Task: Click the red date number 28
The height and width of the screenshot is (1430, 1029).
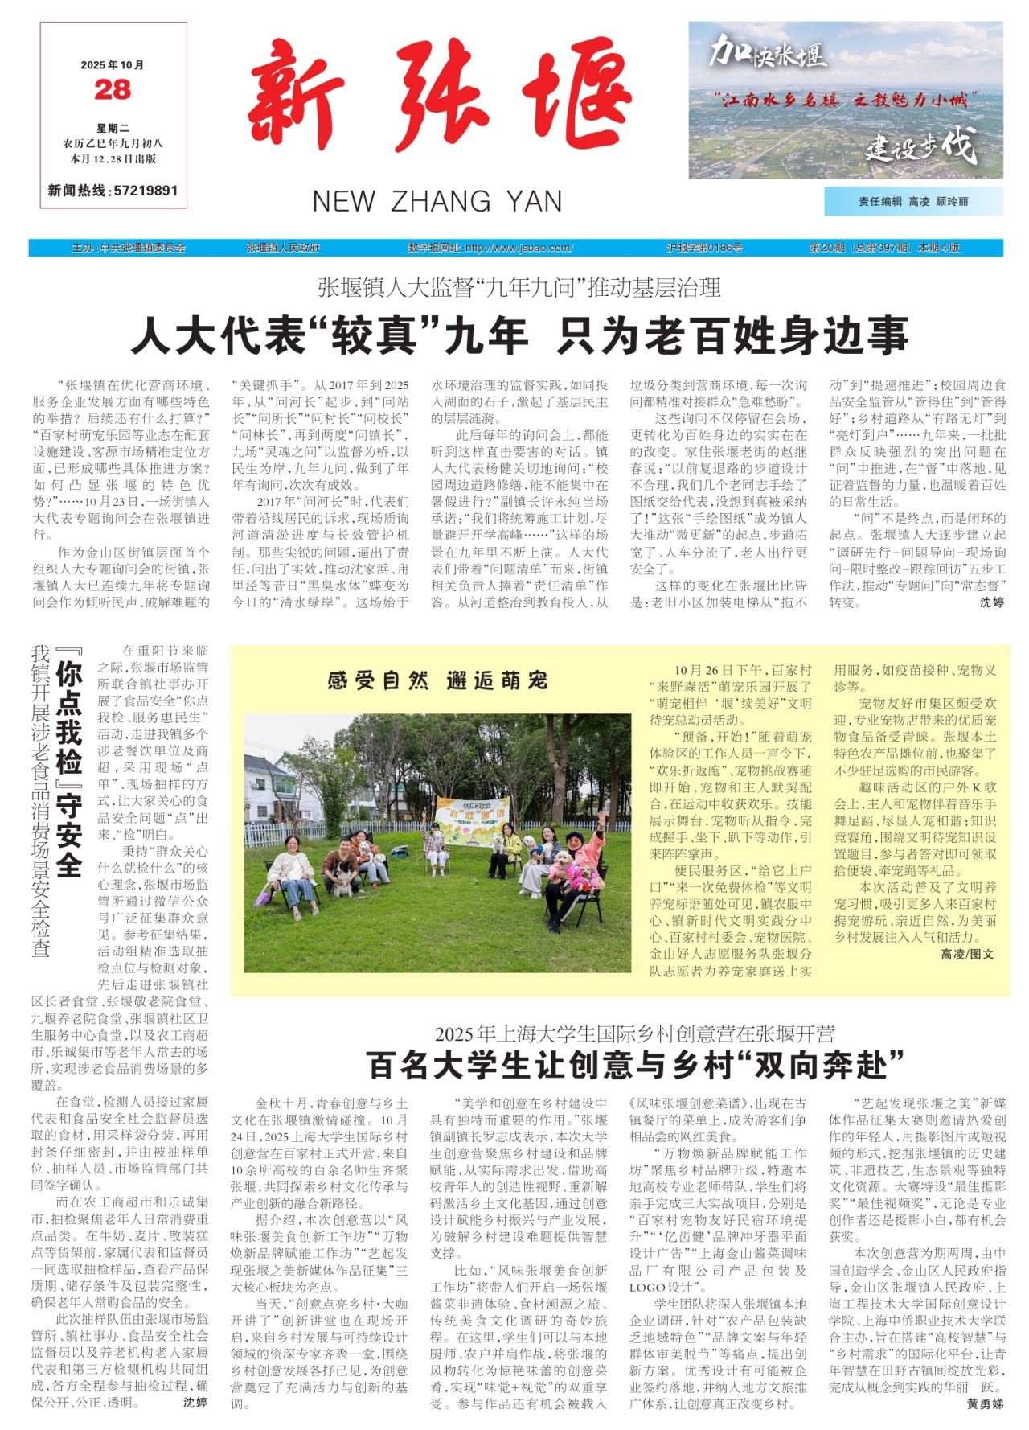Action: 113,89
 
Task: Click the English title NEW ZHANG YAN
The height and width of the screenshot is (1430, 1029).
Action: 437,201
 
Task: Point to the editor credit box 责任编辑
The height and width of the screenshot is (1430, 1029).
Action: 913,201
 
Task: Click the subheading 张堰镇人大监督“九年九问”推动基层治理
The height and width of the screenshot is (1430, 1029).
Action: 519,287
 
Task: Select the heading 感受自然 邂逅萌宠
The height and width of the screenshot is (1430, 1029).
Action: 438,681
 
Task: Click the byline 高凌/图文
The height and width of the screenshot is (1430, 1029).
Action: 967,954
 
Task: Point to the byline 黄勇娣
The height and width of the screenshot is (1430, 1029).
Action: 985,1404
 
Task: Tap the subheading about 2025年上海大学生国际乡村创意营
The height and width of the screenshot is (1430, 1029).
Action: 635,1033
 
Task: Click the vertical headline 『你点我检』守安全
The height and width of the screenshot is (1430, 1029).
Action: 69,768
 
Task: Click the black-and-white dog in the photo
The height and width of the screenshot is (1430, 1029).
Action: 342,877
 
